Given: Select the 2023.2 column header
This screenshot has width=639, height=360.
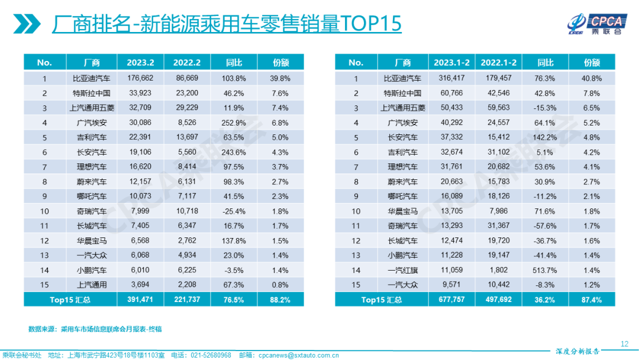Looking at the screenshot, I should pyautogui.click(x=140, y=62).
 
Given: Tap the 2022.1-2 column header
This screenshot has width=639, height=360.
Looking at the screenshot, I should pyautogui.click(x=498, y=62).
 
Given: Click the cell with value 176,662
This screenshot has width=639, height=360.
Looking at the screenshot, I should pyautogui.click(x=140, y=78).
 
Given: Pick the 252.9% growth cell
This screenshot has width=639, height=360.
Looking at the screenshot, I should pyautogui.click(x=235, y=123).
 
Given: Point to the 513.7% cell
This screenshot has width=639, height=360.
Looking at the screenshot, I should pyautogui.click(x=545, y=270).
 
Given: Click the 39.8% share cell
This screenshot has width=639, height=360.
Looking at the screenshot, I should pyautogui.click(x=280, y=78).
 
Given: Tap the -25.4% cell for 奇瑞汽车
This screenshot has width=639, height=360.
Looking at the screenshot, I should pyautogui.click(x=235, y=211).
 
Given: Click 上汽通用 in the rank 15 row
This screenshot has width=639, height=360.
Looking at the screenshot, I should pyautogui.click(x=92, y=285).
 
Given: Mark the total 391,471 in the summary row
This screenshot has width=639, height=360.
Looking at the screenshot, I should pyautogui.click(x=140, y=300).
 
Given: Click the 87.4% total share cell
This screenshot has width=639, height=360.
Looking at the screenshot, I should pyautogui.click(x=592, y=300).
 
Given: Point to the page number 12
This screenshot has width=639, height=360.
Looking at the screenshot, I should pyautogui.click(x=624, y=344).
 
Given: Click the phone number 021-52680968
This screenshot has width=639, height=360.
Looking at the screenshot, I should pyautogui.click(x=211, y=355).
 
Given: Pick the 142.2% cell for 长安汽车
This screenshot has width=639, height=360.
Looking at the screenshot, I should pyautogui.click(x=545, y=137).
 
